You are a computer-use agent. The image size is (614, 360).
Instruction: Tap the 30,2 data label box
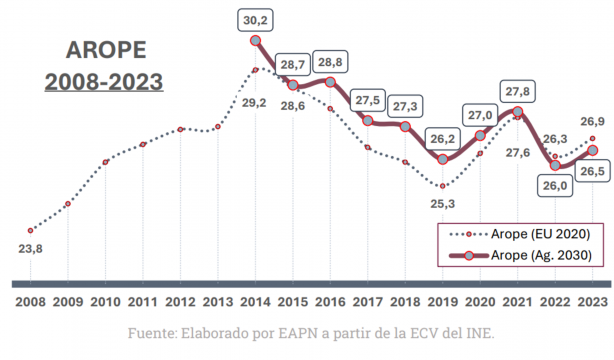pos(256,19)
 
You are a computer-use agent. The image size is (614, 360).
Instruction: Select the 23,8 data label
pos(31,250)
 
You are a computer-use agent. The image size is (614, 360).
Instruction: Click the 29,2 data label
pos(257,102)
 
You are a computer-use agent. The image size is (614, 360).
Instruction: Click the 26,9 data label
pos(593,121)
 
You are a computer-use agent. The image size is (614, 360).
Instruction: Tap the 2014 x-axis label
pos(256,299)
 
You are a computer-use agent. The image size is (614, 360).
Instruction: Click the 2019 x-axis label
pos(443,299)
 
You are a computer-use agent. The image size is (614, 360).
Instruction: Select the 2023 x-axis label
pos(593,299)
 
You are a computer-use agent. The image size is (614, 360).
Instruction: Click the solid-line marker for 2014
pos(256,41)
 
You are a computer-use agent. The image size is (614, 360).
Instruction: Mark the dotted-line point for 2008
pos(31,230)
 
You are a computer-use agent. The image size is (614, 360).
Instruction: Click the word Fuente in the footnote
pos(151,332)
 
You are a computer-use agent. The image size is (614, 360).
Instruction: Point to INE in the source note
pos(477,332)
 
